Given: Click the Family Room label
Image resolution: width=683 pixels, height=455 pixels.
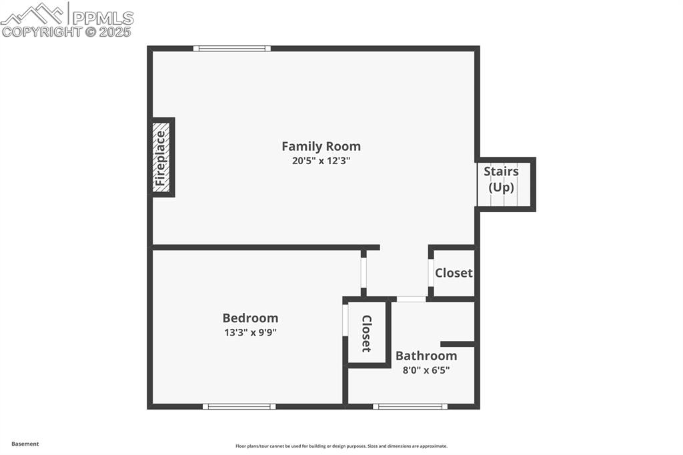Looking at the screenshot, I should coord(321,146).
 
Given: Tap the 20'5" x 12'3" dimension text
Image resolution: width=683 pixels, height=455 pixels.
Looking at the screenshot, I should coord(321,161).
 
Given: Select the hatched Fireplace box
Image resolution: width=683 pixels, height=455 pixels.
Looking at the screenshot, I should coord(161,157).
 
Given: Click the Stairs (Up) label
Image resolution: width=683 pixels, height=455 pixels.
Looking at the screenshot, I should coord(502,179).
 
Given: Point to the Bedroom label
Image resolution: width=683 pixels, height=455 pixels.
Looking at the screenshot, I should coord(250,318).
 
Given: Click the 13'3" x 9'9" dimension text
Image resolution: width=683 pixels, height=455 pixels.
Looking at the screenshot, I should coord(250,332).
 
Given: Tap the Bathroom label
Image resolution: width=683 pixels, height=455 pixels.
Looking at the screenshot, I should coord(426,356).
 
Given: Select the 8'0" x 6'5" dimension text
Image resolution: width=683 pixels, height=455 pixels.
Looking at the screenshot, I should coord(426,370).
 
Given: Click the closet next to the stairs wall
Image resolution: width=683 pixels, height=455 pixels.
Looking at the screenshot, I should coord(454,273).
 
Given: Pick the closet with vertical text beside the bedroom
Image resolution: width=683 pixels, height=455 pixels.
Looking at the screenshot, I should coord(366,333).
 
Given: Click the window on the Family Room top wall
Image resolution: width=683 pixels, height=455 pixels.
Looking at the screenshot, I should coord(232,48).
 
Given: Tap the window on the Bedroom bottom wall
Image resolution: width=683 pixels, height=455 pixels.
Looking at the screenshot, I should coord(239,406).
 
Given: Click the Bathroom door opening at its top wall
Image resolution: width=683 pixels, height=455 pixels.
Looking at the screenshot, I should coord(411,299).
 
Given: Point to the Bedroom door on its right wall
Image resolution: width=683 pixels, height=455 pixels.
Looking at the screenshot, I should coord(364,272).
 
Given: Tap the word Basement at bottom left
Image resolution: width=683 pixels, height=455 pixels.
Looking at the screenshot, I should coord(25,444).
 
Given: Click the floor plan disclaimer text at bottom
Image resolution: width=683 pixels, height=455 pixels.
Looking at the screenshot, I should coord(341,446).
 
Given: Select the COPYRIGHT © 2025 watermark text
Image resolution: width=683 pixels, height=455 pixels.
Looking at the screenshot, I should coord(67,31).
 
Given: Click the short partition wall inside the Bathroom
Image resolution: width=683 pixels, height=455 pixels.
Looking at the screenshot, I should coord(458,344).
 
